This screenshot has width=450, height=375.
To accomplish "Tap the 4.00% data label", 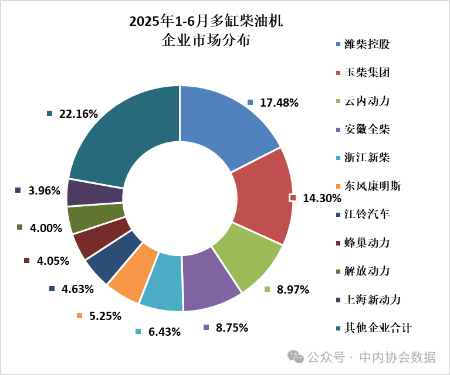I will click(x=46, y=228).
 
